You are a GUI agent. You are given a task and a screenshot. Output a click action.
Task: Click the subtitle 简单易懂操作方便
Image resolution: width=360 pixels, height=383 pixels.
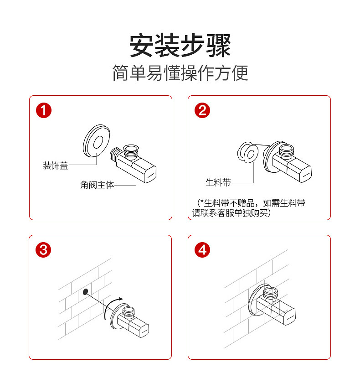(x=180, y=73)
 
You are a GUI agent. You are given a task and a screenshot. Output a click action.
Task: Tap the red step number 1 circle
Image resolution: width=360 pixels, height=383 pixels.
(x=44, y=111)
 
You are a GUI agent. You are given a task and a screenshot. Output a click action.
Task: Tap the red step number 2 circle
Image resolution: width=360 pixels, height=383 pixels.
(x=202, y=111)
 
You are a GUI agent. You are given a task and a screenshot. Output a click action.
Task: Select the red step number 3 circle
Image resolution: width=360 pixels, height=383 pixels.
(x=44, y=250)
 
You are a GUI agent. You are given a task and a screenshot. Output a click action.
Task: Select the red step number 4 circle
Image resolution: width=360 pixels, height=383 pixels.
(x=202, y=250)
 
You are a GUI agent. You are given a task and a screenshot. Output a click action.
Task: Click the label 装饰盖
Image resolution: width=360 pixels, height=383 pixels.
(x=56, y=166)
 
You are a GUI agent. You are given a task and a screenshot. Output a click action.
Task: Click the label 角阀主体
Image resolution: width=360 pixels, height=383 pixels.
(x=97, y=185)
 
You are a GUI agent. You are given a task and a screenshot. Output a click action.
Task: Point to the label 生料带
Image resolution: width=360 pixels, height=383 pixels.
(x=218, y=183)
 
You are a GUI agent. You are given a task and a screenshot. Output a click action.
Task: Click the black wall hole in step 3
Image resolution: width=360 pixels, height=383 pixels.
(x=85, y=291)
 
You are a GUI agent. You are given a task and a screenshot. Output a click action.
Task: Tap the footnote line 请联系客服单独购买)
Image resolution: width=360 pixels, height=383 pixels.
(x=231, y=213)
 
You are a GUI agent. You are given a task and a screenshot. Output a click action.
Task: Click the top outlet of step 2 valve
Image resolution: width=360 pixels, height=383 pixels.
(x=287, y=149)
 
